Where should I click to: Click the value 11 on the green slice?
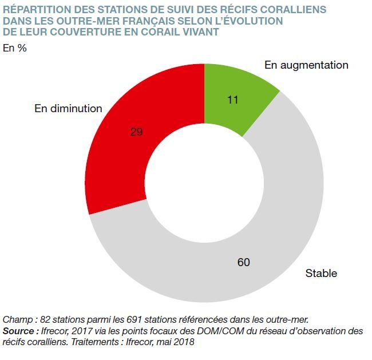[x=232, y=100]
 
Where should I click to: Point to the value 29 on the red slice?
[x=136, y=132]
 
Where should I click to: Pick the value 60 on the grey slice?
[x=244, y=263]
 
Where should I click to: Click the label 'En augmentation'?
[x=306, y=65]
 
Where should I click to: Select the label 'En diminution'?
[x=68, y=108]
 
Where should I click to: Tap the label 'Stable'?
[x=321, y=273]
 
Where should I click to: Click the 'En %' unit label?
[x=15, y=48]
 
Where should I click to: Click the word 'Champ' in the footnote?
[x=17, y=319]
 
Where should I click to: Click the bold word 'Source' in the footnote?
[x=19, y=331]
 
